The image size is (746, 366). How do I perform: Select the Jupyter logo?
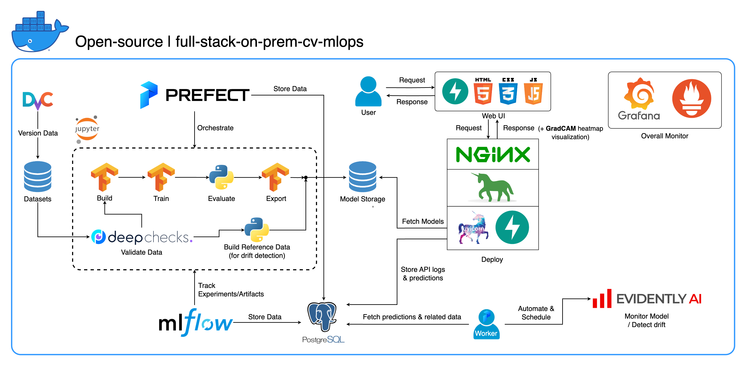pos(87,129)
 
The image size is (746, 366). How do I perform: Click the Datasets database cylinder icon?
pos(38,177)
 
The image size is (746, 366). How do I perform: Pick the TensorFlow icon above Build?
pos(105,177)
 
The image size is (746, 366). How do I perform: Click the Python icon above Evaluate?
pos(221,177)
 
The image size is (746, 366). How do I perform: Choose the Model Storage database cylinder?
pos(363,177)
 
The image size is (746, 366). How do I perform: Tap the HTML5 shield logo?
pos(483,91)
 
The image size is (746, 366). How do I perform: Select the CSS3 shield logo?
pos(508,91)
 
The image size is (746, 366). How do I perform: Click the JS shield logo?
pos(533,91)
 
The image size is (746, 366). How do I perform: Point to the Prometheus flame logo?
pos(692,98)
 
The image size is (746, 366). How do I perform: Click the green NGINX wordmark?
pos(493,154)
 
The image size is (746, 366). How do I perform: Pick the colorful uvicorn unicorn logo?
pos(473,228)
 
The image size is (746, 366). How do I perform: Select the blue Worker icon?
pos(486,324)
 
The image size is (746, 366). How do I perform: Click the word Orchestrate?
pos(215,128)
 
